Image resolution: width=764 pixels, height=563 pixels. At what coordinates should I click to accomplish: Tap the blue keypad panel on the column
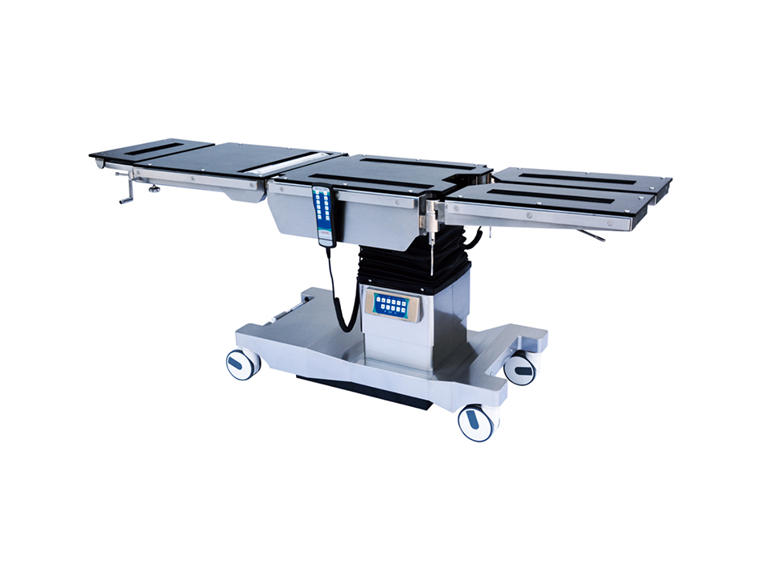pos(392,305)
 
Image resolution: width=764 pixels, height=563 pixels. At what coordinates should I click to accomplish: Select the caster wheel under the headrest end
pos(242,364)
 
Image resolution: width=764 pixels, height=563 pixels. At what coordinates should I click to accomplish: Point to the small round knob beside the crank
pos(153,190)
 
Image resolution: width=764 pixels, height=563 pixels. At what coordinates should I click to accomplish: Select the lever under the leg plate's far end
pos(594,236)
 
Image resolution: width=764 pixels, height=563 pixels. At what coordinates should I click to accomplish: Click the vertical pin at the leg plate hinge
pos(433,241)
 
